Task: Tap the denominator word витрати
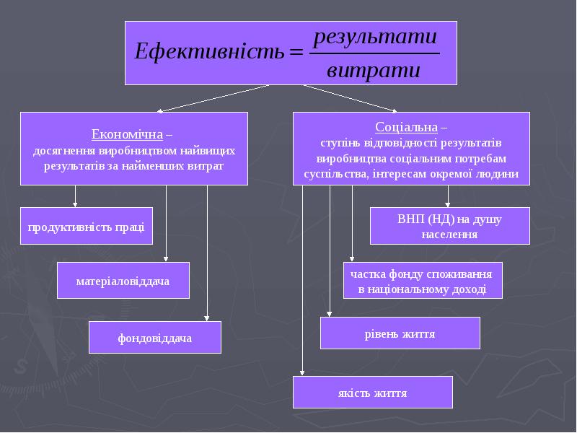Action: tap(373, 71)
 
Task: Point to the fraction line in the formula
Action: tap(374, 53)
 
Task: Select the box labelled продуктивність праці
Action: tap(86, 227)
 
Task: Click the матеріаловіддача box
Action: tap(123, 281)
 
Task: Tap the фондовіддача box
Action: tap(154, 337)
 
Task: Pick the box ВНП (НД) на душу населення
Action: tap(449, 227)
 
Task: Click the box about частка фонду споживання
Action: tap(422, 281)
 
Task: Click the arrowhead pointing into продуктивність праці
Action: tap(75, 204)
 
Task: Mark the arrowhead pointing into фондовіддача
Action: tap(207, 318)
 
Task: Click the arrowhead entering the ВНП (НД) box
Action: tap(448, 204)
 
